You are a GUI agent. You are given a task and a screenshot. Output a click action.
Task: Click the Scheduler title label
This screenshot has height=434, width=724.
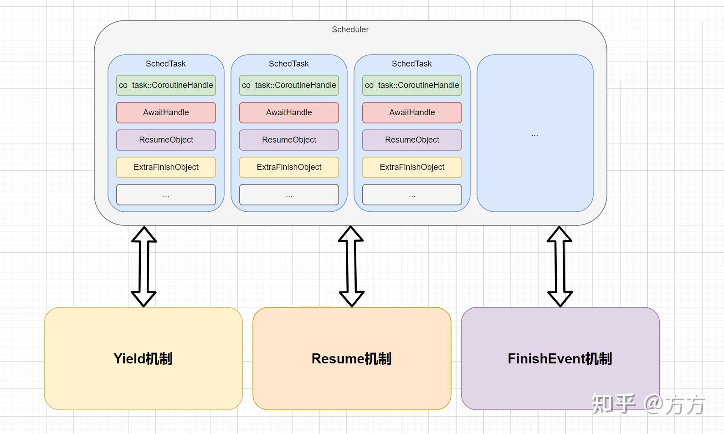[350, 30]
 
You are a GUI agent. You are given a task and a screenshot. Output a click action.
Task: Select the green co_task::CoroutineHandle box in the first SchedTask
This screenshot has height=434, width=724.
[166, 85]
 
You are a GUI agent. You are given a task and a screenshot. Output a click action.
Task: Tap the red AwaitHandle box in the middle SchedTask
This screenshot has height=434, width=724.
[289, 112]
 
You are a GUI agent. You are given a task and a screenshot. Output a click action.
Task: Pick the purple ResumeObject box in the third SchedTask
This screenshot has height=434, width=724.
[412, 140]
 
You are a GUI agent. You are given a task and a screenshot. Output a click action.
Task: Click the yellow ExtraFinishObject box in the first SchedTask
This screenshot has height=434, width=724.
[166, 167]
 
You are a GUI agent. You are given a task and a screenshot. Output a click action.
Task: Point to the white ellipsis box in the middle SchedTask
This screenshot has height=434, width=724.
[289, 194]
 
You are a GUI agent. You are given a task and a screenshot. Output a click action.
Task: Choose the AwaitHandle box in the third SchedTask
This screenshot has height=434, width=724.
[412, 112]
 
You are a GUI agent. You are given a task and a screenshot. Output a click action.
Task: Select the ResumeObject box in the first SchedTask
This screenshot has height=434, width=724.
[166, 140]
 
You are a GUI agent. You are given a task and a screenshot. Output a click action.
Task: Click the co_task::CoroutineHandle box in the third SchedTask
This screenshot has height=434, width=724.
[412, 85]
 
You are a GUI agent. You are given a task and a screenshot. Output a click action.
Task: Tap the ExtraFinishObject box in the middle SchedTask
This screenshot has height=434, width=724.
[289, 167]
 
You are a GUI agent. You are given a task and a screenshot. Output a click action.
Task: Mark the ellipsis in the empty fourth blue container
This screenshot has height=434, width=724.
[535, 135]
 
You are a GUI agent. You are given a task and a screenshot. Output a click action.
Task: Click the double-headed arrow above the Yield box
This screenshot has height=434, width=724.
[144, 266]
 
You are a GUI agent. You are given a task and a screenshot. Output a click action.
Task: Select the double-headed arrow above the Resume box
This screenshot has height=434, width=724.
[351, 266]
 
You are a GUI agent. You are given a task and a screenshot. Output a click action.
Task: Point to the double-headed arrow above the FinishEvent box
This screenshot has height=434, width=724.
[560, 266]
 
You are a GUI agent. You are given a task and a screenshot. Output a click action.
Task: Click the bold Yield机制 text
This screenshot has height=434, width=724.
[143, 359]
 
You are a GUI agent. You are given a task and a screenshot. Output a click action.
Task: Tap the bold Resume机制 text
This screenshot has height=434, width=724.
[352, 359]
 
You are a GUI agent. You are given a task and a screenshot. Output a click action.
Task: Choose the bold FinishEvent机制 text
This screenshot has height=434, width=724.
[560, 359]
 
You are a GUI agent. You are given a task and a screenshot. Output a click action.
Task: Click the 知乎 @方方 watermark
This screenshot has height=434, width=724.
[648, 404]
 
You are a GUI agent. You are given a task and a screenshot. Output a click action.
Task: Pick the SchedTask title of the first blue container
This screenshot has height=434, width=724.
[166, 64]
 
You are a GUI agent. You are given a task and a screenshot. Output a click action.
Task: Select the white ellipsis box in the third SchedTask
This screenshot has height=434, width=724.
[412, 194]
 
